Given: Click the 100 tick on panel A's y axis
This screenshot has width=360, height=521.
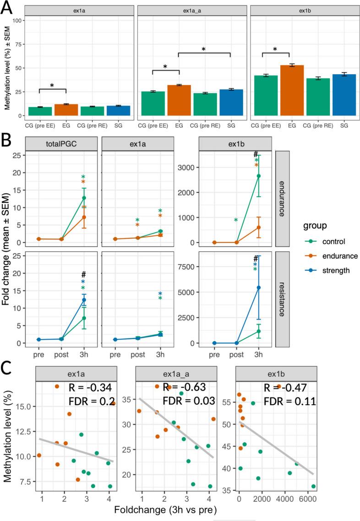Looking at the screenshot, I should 17,21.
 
